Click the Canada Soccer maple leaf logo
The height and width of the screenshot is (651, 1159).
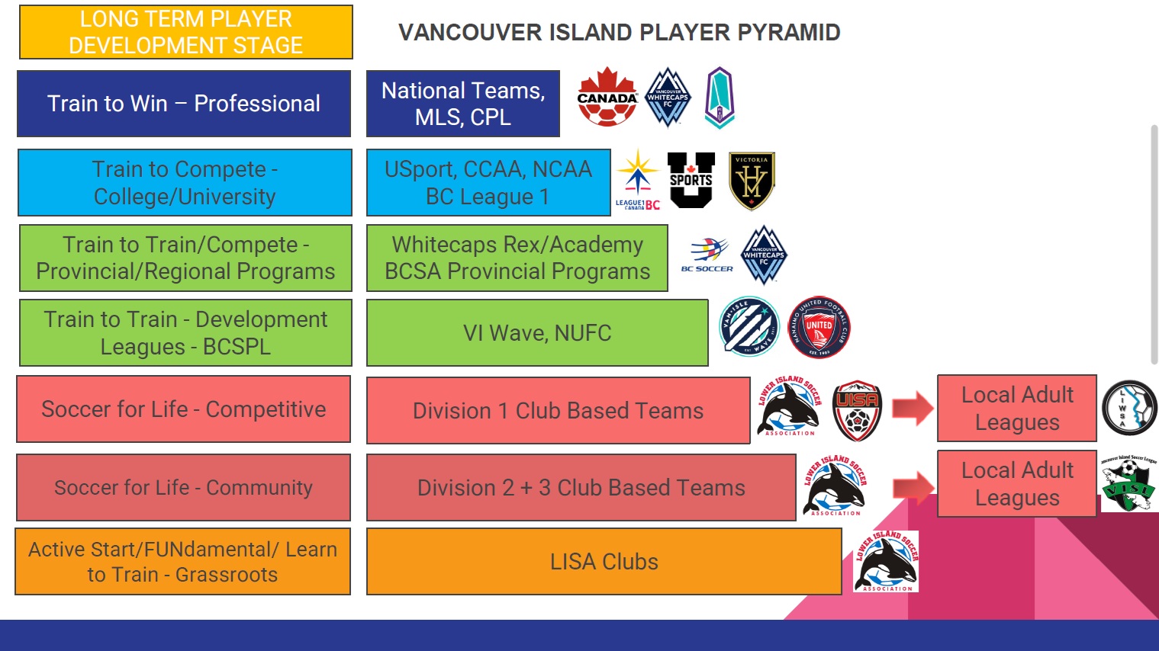pyautogui.click(x=607, y=97)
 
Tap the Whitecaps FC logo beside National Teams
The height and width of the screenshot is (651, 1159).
pyautogui.click(x=668, y=97)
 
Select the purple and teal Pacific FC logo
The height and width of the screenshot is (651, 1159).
pyautogui.click(x=720, y=98)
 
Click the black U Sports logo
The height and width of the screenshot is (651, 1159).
pyautogui.click(x=691, y=180)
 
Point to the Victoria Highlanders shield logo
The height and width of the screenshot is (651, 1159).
pyautogui.click(x=752, y=181)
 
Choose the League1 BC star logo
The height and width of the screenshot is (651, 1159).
pyautogui.click(x=638, y=181)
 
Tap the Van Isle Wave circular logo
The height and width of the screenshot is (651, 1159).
pyautogui.click(x=749, y=326)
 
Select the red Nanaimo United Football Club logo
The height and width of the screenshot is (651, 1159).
pyautogui.click(x=819, y=327)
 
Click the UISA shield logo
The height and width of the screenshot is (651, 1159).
pyautogui.click(x=856, y=410)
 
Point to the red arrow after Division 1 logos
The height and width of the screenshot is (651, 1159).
pyautogui.click(x=913, y=409)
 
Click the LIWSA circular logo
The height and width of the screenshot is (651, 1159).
pyautogui.click(x=1129, y=408)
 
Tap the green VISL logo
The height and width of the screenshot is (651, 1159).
pyautogui.click(x=1128, y=484)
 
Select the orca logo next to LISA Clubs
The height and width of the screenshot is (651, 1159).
pyautogui.click(x=886, y=561)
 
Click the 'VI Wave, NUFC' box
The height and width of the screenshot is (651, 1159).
pyautogui.click(x=537, y=333)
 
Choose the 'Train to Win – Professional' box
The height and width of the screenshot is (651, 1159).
pyautogui.click(x=184, y=104)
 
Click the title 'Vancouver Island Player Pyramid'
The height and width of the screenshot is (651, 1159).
pyautogui.click(x=619, y=32)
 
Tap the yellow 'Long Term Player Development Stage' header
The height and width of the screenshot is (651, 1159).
pyautogui.click(x=185, y=32)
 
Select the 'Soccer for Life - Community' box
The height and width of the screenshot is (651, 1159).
pyautogui.click(x=184, y=487)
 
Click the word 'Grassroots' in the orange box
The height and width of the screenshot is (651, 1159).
pyautogui.click(x=227, y=575)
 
